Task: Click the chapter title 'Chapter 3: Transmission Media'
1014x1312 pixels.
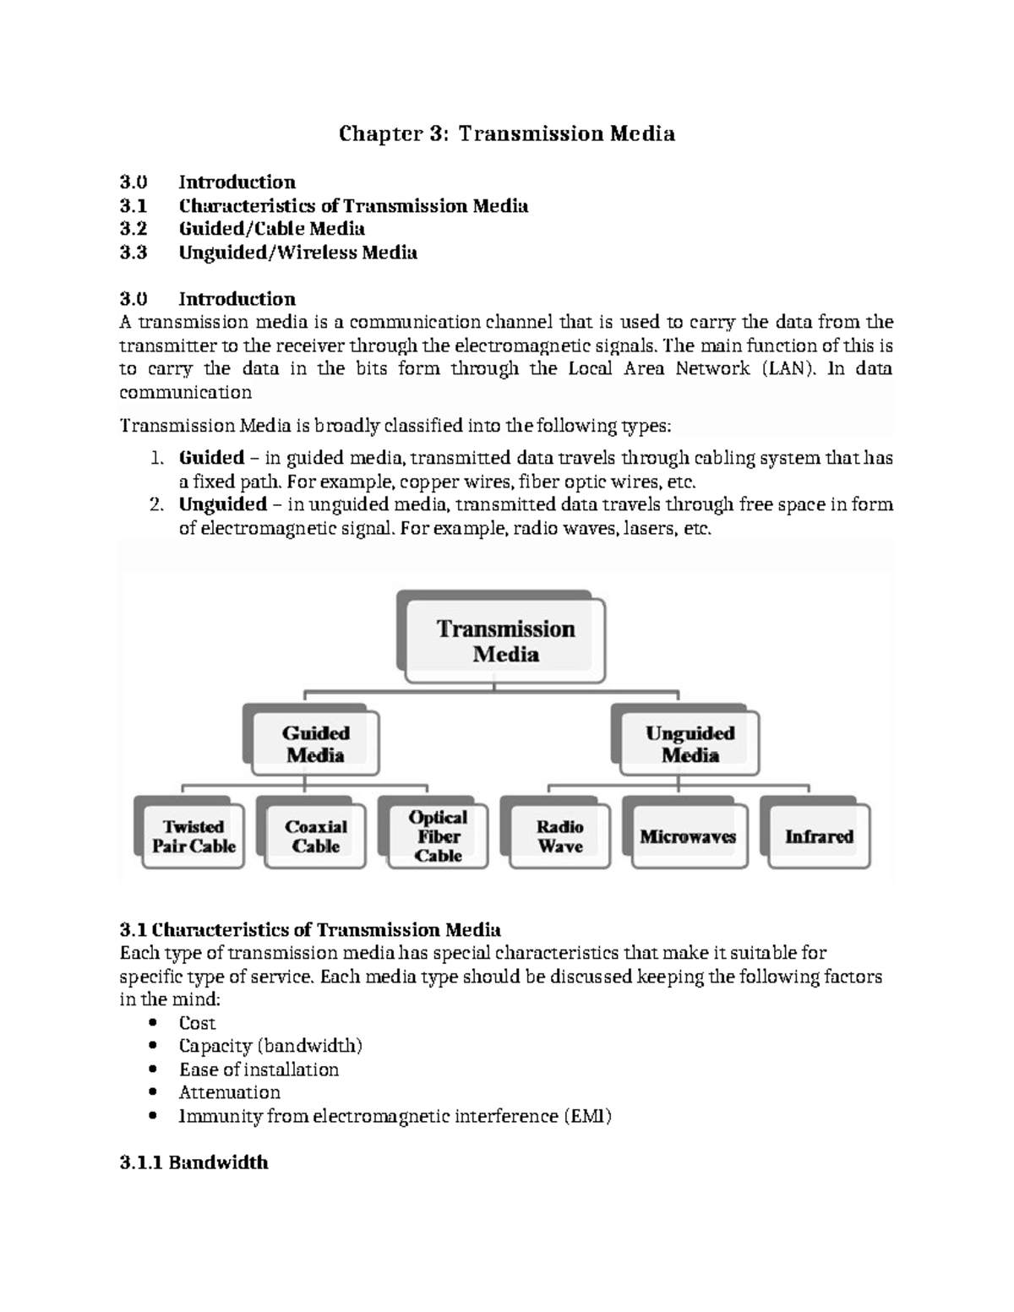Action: tap(506, 133)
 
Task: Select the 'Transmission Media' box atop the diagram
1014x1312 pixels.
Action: tap(505, 641)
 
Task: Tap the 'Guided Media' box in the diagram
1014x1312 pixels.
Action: tap(315, 743)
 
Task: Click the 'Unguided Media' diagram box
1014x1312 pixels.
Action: tap(690, 743)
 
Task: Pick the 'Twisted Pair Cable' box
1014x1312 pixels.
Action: tap(194, 836)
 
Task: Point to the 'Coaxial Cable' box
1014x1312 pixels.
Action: tap(315, 836)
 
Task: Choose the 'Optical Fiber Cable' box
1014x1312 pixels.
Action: tap(438, 836)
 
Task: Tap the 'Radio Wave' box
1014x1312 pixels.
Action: tap(559, 836)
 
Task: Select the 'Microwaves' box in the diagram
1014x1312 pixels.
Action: tap(687, 836)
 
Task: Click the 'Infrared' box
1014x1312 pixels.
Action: tap(818, 836)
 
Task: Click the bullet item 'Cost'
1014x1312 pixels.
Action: tap(197, 1023)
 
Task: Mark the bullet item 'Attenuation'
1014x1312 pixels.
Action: tap(229, 1092)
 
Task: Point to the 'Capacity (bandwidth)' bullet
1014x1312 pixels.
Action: tap(270, 1046)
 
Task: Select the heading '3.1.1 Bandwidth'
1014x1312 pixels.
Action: tap(194, 1162)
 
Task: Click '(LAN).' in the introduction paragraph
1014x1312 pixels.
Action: tap(789, 369)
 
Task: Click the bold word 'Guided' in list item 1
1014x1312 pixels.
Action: tap(211, 458)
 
